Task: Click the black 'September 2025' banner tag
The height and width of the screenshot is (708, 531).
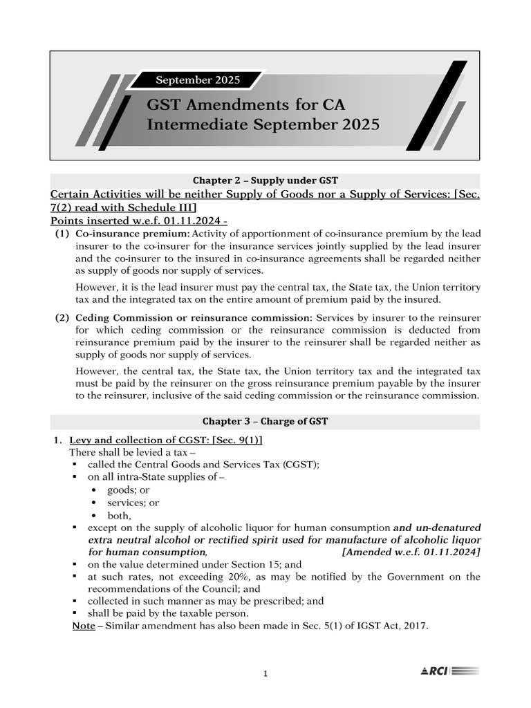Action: pos(198,80)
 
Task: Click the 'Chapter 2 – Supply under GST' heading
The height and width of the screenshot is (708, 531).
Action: pos(265,181)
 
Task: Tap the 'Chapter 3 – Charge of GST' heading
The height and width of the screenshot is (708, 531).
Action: pos(265,421)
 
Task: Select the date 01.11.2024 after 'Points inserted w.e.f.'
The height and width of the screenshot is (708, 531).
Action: pos(182,221)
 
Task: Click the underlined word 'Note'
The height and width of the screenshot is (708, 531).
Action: pos(84,626)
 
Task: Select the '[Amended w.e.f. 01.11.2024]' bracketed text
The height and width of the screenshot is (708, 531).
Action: pos(411,552)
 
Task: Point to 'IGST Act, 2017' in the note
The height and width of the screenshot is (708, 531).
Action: pos(395,626)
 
